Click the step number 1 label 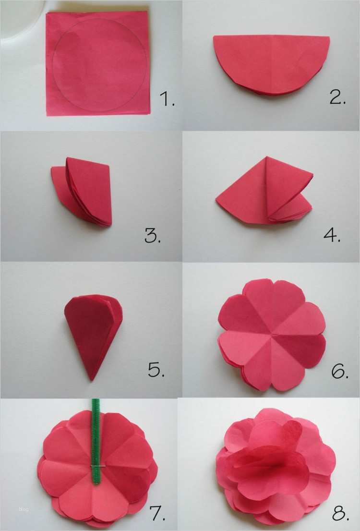(166, 99)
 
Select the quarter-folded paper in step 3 (84, 192)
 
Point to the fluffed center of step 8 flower (269, 461)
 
